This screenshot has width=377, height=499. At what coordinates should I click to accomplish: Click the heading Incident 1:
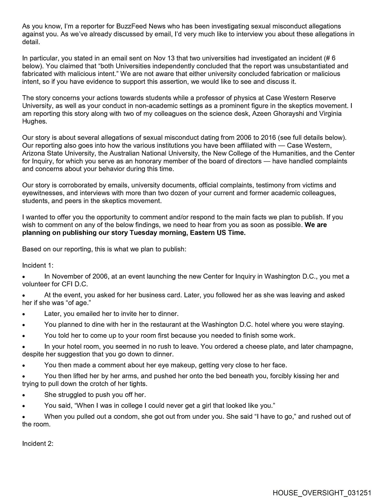[38, 265]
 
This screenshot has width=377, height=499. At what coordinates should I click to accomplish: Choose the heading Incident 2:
[38, 443]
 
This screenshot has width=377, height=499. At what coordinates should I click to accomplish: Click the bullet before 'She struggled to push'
[24, 395]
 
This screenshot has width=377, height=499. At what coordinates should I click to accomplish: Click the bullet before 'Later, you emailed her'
[24, 314]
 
